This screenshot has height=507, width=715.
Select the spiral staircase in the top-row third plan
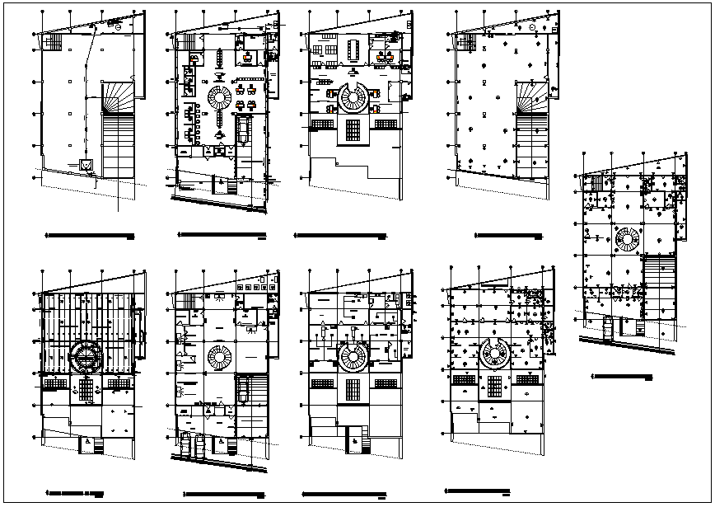(354, 99)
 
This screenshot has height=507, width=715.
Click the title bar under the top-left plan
(89, 237)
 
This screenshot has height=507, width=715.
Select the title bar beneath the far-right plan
(623, 377)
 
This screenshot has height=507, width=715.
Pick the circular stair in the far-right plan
(628, 241)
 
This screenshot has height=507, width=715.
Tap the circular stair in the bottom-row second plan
(220, 359)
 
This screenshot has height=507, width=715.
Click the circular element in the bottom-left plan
(86, 359)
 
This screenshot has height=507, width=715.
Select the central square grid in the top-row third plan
(354, 130)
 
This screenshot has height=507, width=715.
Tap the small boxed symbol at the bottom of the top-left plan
(86, 165)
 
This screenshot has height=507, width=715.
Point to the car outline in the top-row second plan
(242, 130)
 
